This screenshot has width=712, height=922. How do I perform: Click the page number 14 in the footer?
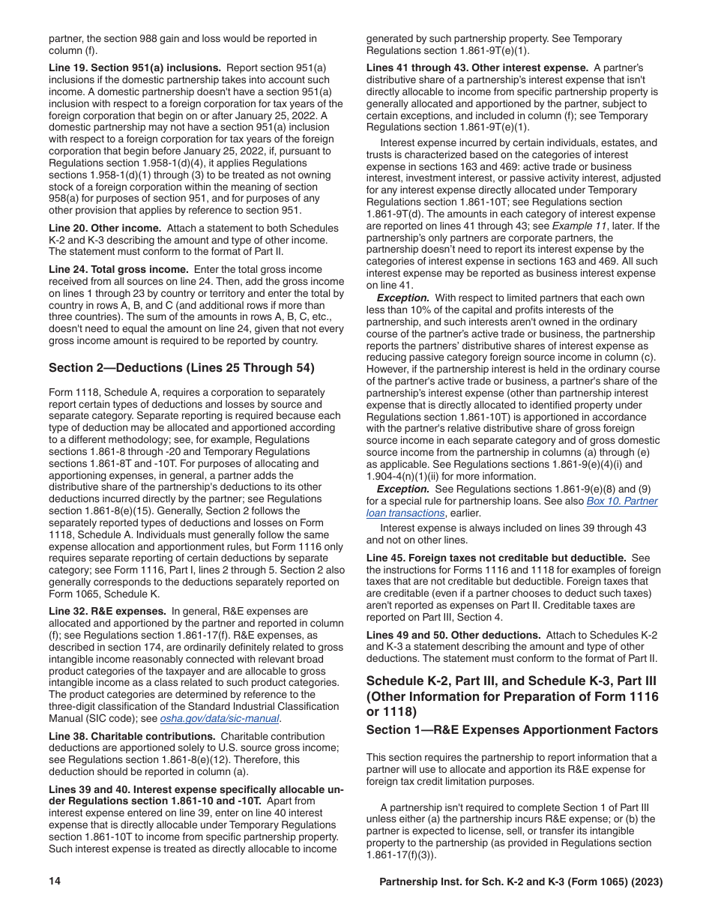(54, 882)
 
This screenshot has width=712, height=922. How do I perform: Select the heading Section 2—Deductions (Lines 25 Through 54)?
(181, 367)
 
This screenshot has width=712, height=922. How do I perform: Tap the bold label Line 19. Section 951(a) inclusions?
(135, 67)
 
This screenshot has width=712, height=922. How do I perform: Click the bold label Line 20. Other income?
(105, 228)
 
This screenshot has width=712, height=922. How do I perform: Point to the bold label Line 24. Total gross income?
(118, 269)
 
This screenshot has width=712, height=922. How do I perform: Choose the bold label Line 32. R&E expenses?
(107, 611)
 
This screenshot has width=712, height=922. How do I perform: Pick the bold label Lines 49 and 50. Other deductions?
(453, 635)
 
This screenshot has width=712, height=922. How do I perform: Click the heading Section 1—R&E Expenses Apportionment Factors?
(512, 729)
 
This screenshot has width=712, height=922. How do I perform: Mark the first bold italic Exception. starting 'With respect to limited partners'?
(402, 298)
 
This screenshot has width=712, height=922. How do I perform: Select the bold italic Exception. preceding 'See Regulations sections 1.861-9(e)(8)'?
(402, 489)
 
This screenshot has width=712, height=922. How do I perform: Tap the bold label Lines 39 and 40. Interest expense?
(196, 783)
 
